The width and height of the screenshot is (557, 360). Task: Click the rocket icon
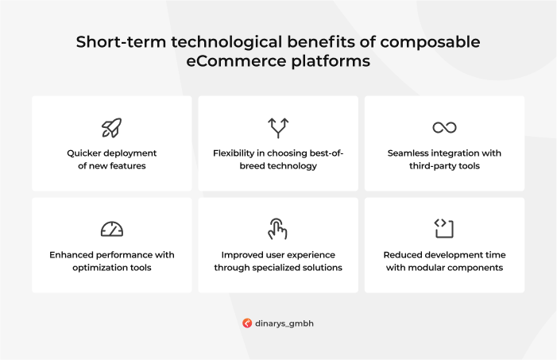(x=111, y=128)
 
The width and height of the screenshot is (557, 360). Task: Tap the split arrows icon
(x=278, y=128)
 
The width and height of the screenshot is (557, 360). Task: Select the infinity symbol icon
(x=444, y=127)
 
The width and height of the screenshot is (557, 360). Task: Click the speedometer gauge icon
(x=112, y=229)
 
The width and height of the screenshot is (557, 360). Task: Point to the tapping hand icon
(x=277, y=229)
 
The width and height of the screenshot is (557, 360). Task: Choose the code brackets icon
(x=444, y=228)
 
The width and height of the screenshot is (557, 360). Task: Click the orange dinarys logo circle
(x=247, y=323)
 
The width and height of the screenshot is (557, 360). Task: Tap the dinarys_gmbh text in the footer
(x=284, y=323)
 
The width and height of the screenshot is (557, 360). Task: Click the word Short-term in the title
(x=121, y=42)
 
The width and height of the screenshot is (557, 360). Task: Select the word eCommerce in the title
(x=236, y=60)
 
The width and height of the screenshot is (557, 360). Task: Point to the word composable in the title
(x=430, y=42)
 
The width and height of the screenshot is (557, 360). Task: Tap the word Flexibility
(x=234, y=153)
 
